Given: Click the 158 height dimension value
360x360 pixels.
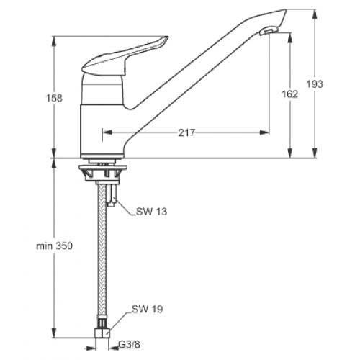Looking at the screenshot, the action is [x=54, y=98].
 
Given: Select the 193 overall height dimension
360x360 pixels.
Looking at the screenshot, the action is [x=315, y=84].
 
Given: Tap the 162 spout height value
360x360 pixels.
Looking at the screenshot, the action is [x=289, y=94].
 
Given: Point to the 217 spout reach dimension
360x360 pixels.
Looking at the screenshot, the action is [x=186, y=132].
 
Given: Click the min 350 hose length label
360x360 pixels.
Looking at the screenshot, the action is [x=54, y=246].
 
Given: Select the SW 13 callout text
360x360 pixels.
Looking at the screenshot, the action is [x=151, y=212].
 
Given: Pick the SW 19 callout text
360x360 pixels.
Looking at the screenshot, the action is [x=147, y=309].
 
